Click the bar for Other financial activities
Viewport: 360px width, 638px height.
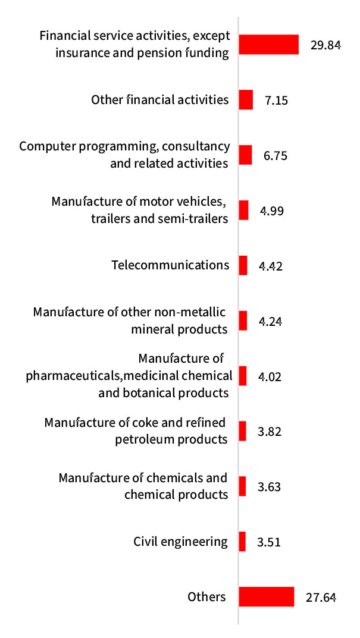tap(246, 99)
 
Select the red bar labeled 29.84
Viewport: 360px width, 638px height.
tap(268, 45)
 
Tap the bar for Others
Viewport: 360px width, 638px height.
tap(267, 596)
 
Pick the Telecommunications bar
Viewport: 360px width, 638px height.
tap(243, 265)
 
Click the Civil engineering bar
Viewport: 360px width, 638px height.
tap(242, 541)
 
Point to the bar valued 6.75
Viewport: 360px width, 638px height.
tap(245, 155)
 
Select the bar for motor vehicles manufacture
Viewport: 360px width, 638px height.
tap(243, 210)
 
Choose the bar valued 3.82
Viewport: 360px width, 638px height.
tap(242, 431)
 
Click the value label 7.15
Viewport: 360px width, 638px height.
tap(277, 100)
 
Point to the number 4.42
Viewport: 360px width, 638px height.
tap(270, 266)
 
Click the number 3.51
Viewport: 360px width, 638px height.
tap(268, 542)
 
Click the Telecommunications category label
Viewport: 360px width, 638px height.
tap(170, 265)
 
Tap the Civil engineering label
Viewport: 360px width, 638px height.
tap(181, 541)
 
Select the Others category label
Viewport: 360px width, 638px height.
tap(206, 596)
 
